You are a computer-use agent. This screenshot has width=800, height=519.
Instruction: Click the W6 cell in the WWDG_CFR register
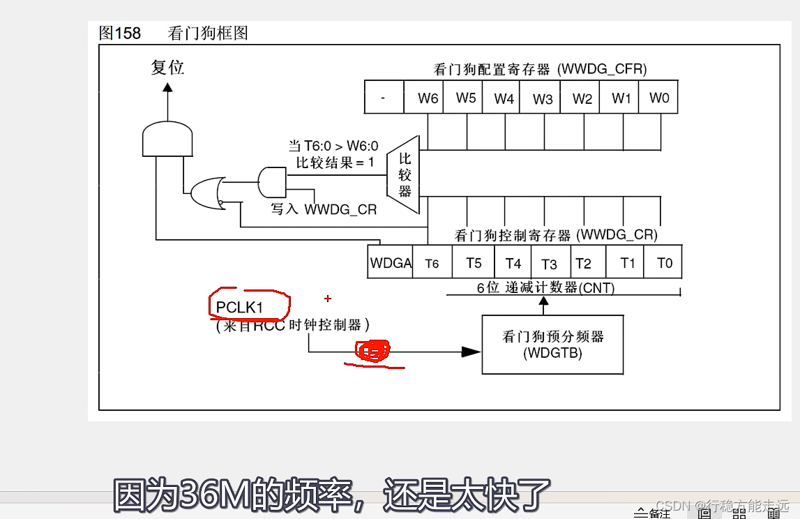click(x=428, y=98)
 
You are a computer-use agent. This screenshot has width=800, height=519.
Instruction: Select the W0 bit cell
click(x=659, y=98)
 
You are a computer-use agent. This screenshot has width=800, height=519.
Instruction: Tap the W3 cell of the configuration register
click(x=543, y=98)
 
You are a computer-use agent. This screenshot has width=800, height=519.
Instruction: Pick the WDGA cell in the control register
click(x=391, y=263)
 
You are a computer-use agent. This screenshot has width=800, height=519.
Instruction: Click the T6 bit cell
click(x=432, y=263)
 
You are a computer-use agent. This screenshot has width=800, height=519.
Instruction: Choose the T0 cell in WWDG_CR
click(x=665, y=263)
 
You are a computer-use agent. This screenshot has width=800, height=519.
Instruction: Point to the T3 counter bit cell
click(x=549, y=263)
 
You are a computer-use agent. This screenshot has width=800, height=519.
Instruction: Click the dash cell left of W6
click(x=384, y=98)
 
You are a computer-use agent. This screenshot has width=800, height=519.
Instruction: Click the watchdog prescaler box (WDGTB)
click(x=552, y=345)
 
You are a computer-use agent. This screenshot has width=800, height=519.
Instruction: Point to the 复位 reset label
click(x=168, y=68)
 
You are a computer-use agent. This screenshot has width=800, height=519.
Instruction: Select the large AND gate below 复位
click(x=167, y=140)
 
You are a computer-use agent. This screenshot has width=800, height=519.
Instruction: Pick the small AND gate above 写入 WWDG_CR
click(x=272, y=181)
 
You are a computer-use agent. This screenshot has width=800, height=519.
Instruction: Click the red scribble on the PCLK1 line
click(x=374, y=352)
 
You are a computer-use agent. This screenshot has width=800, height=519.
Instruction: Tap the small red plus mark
click(x=327, y=299)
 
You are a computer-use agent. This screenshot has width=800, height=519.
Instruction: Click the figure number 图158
click(x=120, y=33)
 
